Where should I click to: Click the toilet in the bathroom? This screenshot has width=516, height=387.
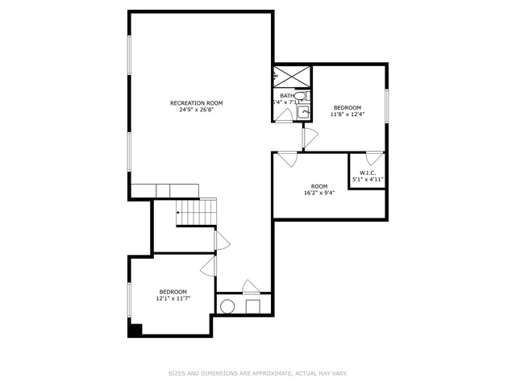click(x=300, y=97)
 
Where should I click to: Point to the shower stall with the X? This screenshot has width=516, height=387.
click(x=291, y=76)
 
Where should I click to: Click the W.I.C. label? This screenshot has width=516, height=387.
click(x=368, y=173)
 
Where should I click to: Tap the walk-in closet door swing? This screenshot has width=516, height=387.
click(x=373, y=158)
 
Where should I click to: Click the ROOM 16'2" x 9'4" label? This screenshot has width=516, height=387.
click(x=319, y=189)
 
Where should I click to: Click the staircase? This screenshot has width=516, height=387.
click(x=197, y=213)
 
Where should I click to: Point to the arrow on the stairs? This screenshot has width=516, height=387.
click(x=179, y=213)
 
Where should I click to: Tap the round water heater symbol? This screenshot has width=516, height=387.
click(x=228, y=306)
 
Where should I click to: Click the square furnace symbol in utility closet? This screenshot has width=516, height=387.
click(x=252, y=306)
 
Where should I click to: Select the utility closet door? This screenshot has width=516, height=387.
click(x=250, y=286)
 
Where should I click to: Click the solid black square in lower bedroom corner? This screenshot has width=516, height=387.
click(x=135, y=329)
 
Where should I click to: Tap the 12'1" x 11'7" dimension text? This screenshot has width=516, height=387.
click(x=173, y=299)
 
